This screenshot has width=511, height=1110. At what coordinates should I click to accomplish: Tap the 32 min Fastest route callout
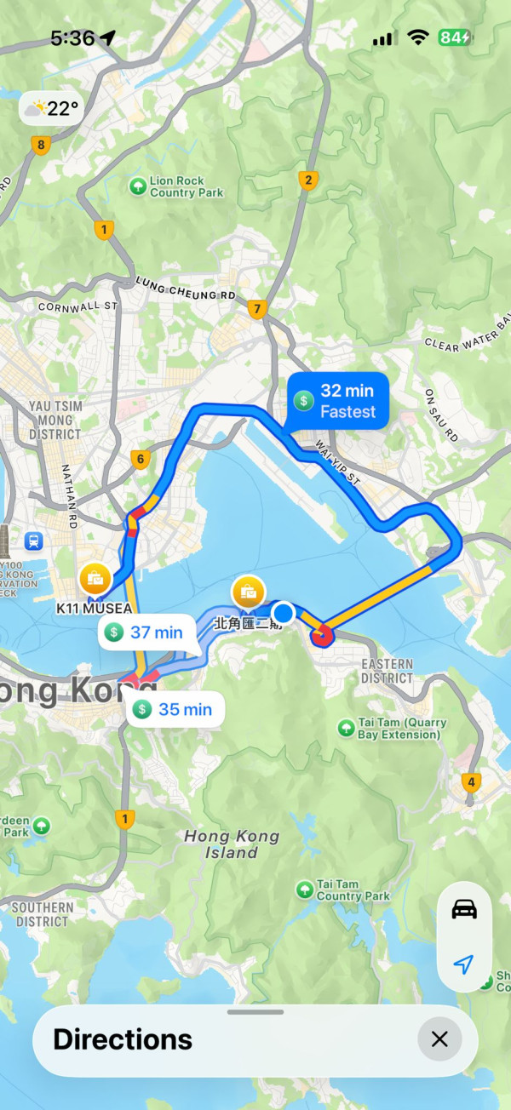pos(338,400)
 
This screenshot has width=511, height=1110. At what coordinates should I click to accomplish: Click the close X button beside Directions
pos(439,1038)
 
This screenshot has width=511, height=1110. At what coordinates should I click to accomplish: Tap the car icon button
pos(464,909)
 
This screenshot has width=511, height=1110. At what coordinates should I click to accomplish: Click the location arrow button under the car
pos(464,964)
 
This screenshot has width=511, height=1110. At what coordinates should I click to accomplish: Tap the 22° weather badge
pos(52,109)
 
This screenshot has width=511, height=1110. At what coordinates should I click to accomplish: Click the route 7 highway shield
pos(256,309)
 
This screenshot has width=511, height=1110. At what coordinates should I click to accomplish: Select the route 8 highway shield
pos(40,145)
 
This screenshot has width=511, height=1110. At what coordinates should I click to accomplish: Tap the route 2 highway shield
pos(307,180)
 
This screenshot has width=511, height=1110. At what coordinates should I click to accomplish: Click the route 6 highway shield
pos(141,460)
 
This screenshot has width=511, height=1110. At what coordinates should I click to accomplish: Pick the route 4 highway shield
pos(470,781)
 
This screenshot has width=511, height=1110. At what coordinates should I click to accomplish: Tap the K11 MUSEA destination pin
pos(95,580)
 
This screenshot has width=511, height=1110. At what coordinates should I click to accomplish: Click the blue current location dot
pos(284,613)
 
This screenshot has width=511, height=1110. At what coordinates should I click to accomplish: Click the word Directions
pos(123,1038)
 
